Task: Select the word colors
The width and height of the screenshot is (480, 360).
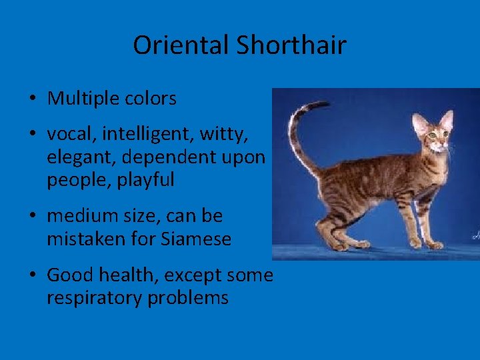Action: (150, 99)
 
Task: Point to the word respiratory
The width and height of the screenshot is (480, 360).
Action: (95, 297)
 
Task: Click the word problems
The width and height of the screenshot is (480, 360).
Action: (188, 297)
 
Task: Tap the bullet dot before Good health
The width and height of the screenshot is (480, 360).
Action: (33, 275)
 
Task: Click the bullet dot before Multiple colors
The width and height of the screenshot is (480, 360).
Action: (33, 99)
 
